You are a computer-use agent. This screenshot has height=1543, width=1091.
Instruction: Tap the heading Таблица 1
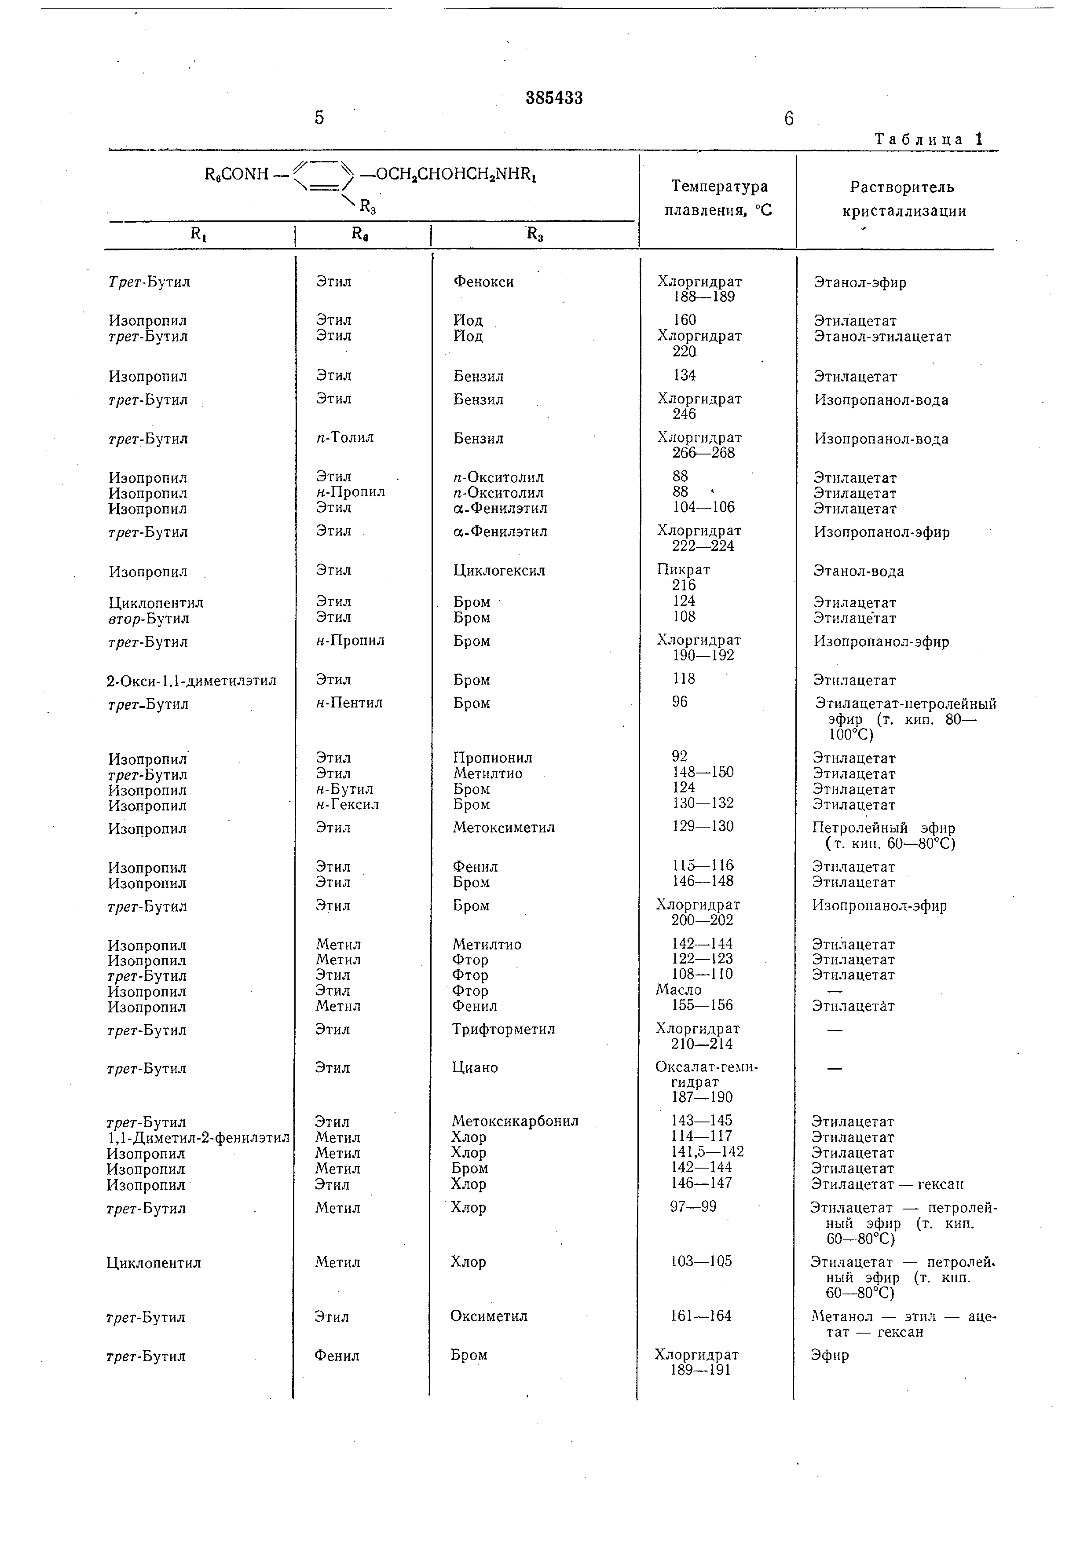pyautogui.click(x=928, y=139)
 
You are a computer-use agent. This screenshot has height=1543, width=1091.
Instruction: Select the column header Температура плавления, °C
pyautogui.click(x=718, y=198)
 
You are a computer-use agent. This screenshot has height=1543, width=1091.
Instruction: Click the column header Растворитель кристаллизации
pyautogui.click(x=903, y=199)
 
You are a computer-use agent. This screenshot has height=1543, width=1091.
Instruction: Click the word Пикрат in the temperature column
pyautogui.click(x=683, y=570)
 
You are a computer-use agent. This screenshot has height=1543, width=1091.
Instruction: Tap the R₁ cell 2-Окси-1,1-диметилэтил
pyautogui.click(x=191, y=681)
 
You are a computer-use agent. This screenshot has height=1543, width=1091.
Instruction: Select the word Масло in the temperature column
pyautogui.click(x=678, y=990)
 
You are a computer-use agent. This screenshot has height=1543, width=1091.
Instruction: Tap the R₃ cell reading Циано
pyautogui.click(x=475, y=1068)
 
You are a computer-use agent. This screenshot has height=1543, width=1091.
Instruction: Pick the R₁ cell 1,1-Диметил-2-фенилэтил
pyautogui.click(x=198, y=1138)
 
